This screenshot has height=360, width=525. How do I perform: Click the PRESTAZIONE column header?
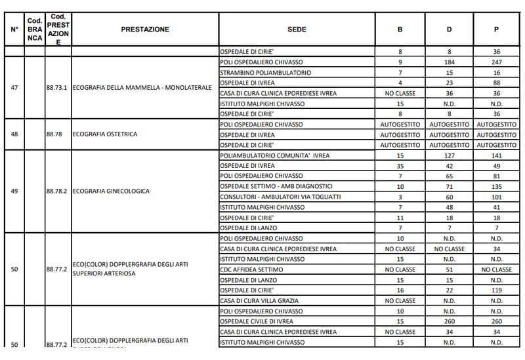point(145,30)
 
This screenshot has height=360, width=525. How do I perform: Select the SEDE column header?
point(297,30)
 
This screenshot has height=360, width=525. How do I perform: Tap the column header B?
point(400,30)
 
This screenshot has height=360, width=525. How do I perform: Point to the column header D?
point(449,30)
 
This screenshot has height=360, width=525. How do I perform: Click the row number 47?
point(14,88)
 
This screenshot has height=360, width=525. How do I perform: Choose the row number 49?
point(14,191)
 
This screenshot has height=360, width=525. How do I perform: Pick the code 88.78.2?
point(57,191)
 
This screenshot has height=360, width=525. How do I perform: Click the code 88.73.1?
point(57,88)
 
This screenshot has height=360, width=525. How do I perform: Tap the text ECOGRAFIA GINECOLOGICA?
point(111,191)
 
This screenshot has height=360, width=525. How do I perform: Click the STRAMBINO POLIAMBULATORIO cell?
point(266,72)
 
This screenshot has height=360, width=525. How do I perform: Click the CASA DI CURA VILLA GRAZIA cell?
point(259,301)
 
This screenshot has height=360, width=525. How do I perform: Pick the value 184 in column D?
point(449,62)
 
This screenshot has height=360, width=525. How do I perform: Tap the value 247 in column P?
point(496,62)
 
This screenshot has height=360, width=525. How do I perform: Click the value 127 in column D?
point(449,155)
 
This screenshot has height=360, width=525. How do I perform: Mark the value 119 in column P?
point(496,290)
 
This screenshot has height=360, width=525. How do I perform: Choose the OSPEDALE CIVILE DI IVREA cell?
point(261,321)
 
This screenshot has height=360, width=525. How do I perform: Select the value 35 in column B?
point(400,166)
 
